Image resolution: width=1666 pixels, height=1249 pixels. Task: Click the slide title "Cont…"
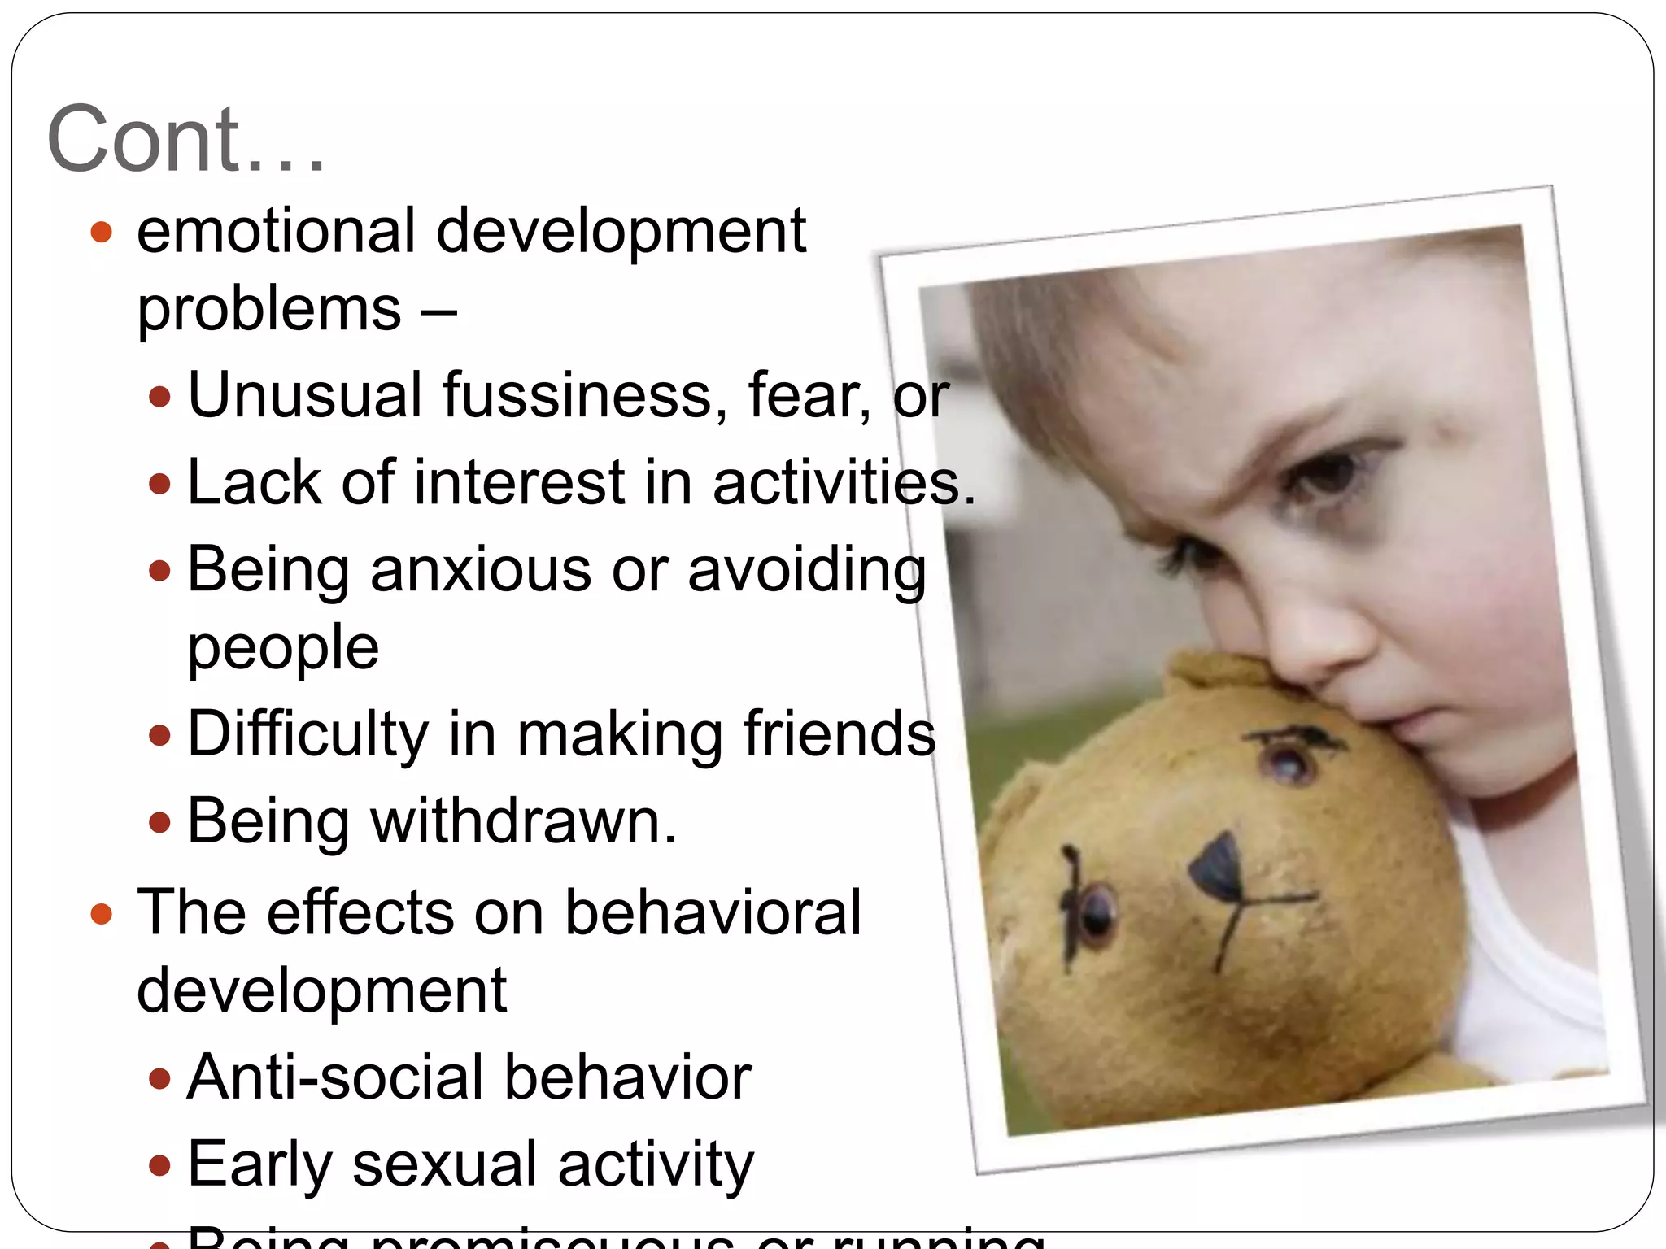(x=185, y=139)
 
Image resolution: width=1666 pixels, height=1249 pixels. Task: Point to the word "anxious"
(x=481, y=569)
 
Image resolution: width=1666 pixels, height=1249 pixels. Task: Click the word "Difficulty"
(x=307, y=734)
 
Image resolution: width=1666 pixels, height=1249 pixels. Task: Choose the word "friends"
(x=839, y=734)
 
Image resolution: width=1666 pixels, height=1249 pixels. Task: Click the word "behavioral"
(x=713, y=912)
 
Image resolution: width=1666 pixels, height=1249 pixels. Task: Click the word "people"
(x=283, y=648)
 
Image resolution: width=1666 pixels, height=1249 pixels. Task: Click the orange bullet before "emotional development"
(x=101, y=233)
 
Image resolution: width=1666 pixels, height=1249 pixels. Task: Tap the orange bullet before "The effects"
(x=101, y=914)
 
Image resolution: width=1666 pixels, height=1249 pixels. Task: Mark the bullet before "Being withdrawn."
(x=160, y=822)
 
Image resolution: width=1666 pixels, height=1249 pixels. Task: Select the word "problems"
(x=268, y=310)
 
